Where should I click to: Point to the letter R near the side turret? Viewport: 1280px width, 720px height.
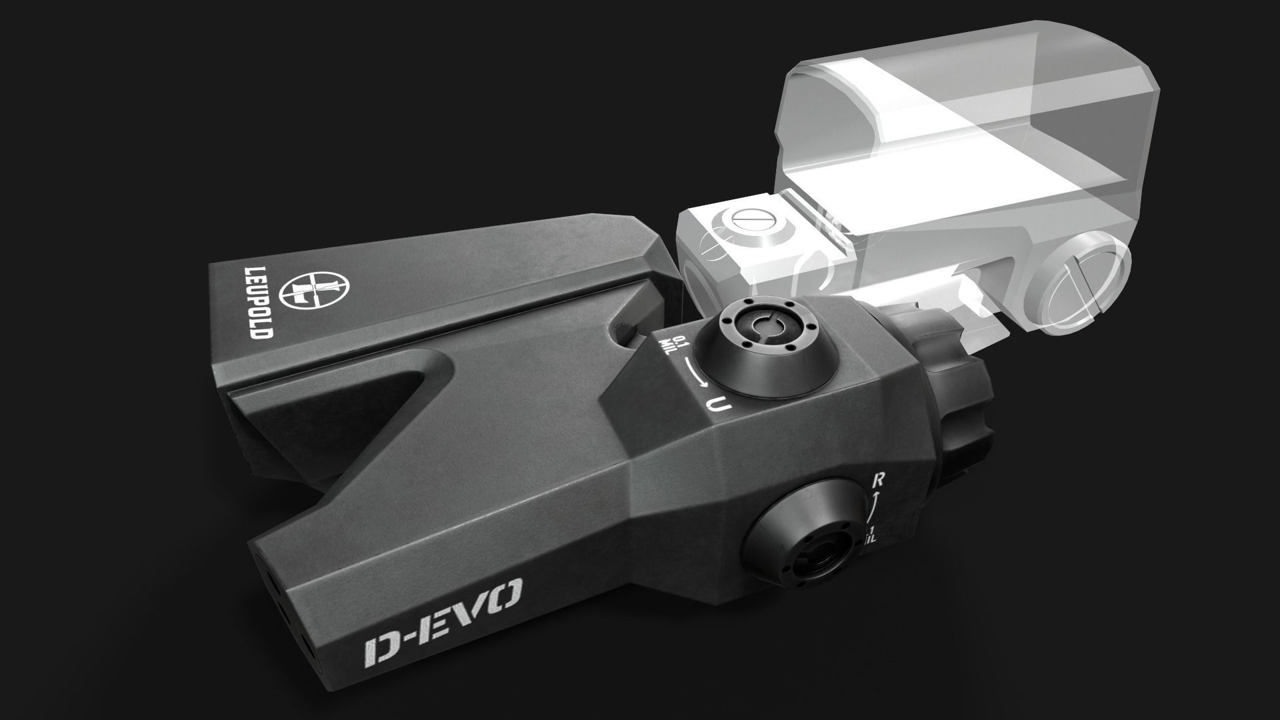(x=879, y=479)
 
